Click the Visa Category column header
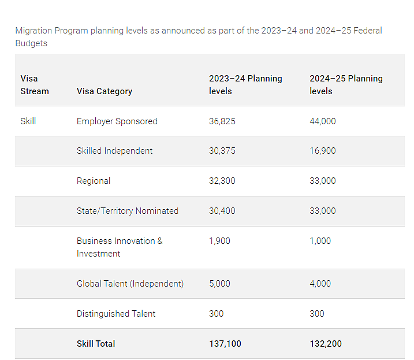[x=105, y=91]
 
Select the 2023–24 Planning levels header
[x=245, y=84]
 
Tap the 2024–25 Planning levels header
[x=346, y=84]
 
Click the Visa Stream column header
[x=35, y=84]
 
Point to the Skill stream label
[x=28, y=121]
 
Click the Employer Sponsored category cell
[x=117, y=121]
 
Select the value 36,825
[x=222, y=121]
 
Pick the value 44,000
[x=323, y=121]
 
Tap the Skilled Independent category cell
[x=114, y=151]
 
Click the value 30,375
[x=222, y=151]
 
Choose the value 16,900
[x=323, y=151]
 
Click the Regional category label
[x=94, y=181]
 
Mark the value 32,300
[x=222, y=181]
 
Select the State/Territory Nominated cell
[x=128, y=211]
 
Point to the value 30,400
[x=222, y=211]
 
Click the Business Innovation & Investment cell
[x=120, y=247]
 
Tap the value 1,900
[x=219, y=241]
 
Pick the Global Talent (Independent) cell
[x=130, y=284]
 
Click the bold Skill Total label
[x=96, y=344]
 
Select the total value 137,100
[x=225, y=344]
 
